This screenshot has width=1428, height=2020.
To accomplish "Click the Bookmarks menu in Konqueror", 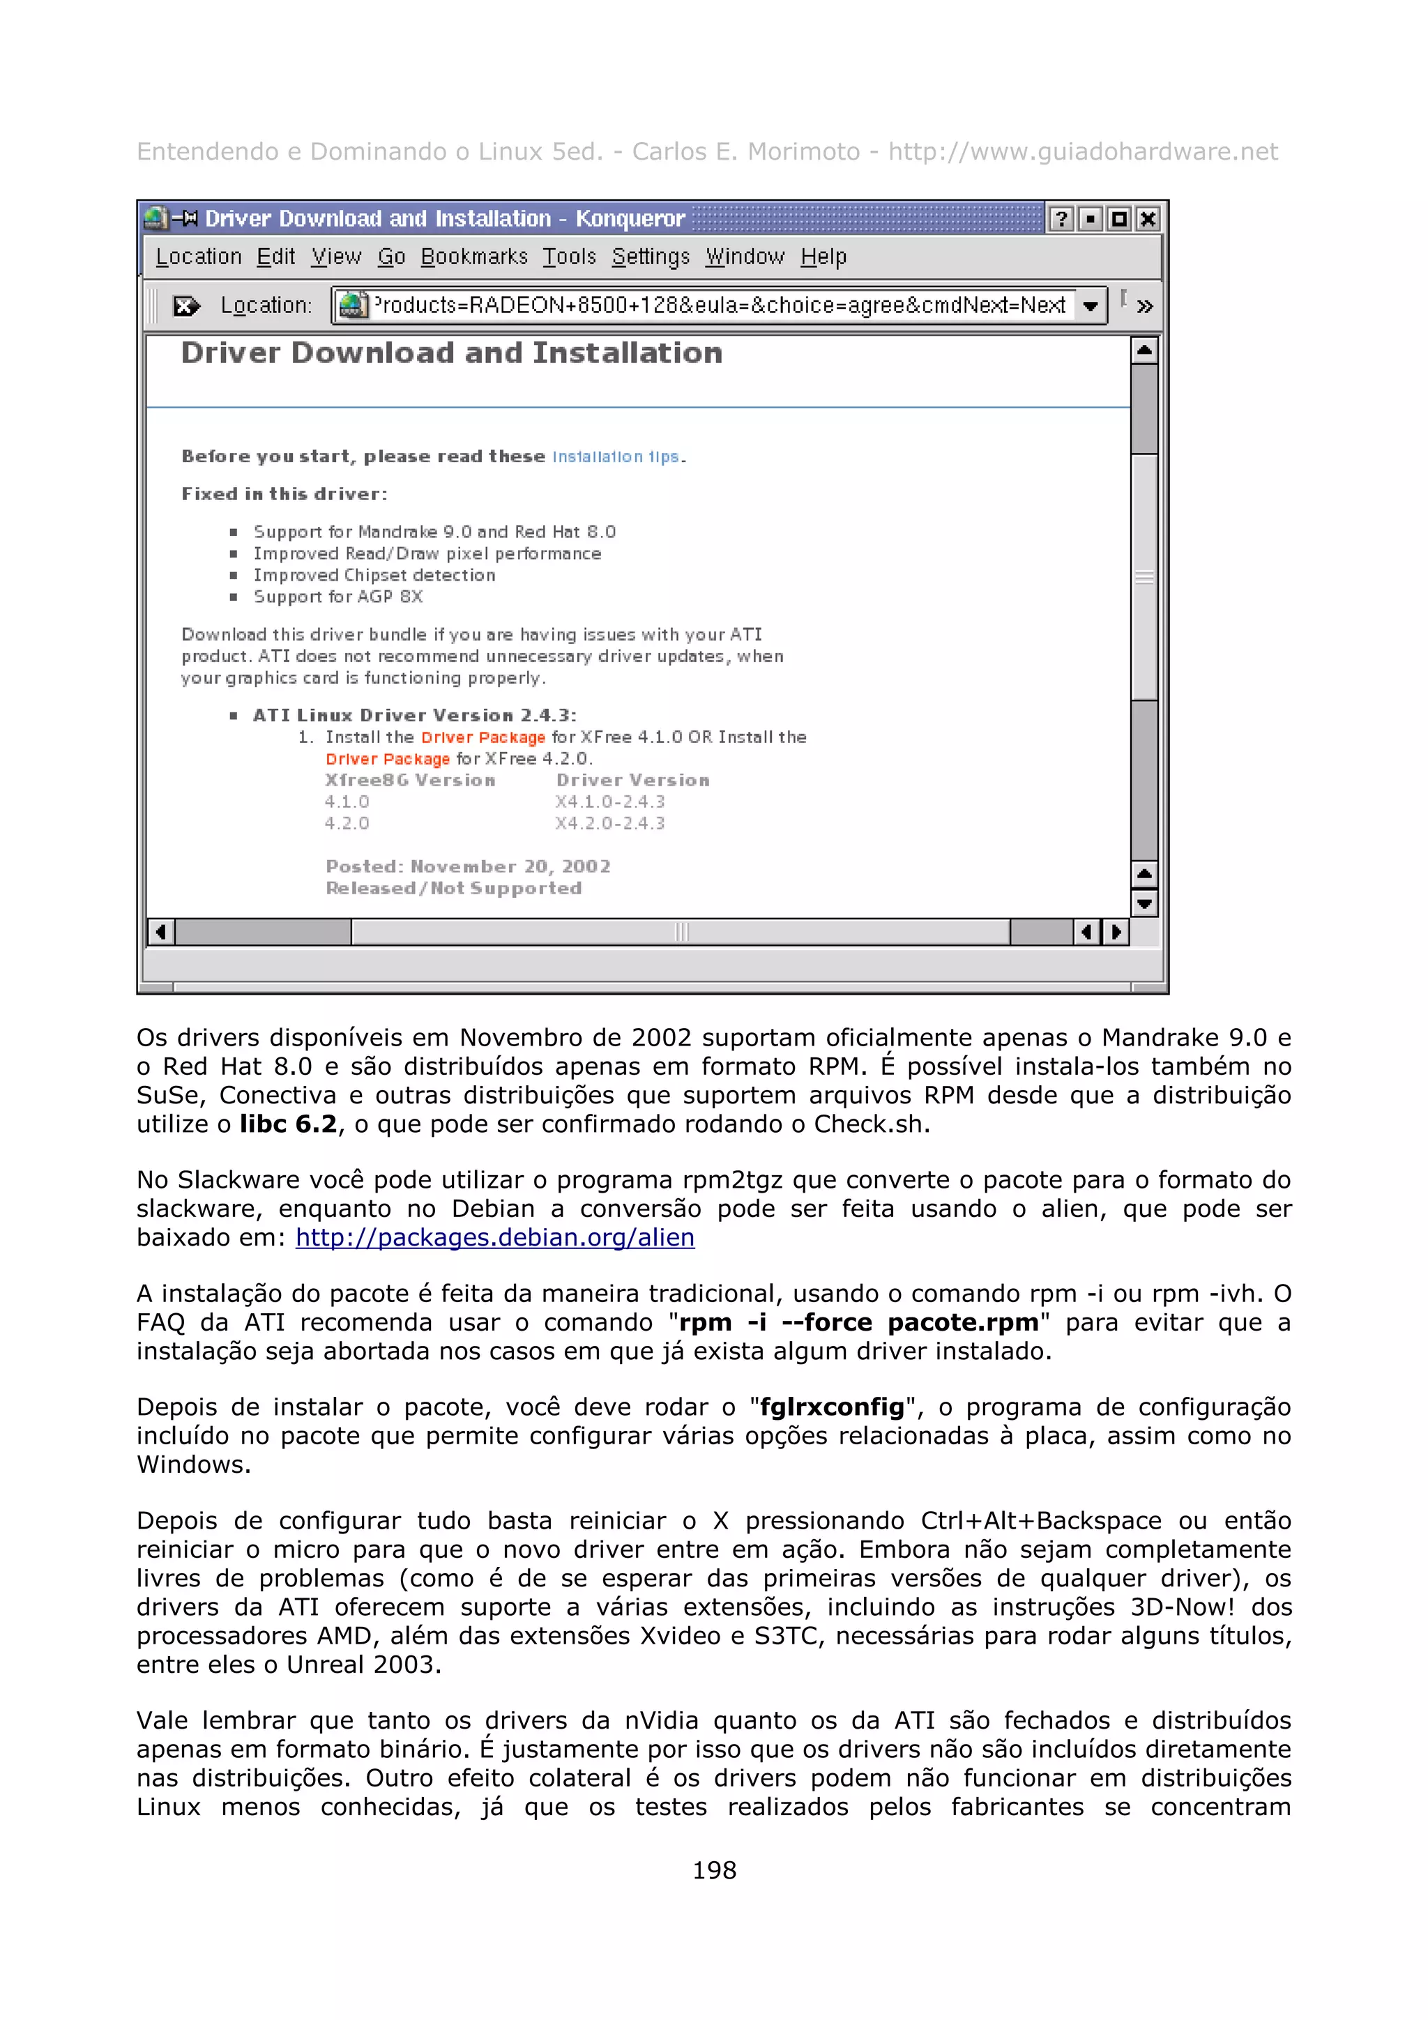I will (473, 257).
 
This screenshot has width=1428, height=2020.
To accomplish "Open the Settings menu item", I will (651, 257).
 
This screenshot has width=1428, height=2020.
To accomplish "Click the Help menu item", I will (823, 257).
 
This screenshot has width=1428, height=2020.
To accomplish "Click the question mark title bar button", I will (1061, 219).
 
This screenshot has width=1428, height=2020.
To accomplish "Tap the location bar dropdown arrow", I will (1090, 306).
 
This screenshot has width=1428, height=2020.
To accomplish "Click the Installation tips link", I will (615, 457).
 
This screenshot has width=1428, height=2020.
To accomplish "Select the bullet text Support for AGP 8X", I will (338, 597).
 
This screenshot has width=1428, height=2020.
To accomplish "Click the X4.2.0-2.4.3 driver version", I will (609, 823).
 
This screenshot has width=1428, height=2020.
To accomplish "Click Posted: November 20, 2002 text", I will (467, 866).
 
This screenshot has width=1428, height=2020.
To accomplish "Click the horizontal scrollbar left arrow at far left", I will (160, 932).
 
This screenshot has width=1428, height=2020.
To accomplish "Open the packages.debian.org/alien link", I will (494, 1238).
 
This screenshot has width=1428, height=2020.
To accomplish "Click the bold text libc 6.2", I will (288, 1124).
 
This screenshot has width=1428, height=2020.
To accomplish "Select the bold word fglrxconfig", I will (831, 1408).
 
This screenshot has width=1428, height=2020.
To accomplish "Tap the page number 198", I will (713, 1870).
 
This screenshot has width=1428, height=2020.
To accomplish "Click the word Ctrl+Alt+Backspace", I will (1040, 1521).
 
